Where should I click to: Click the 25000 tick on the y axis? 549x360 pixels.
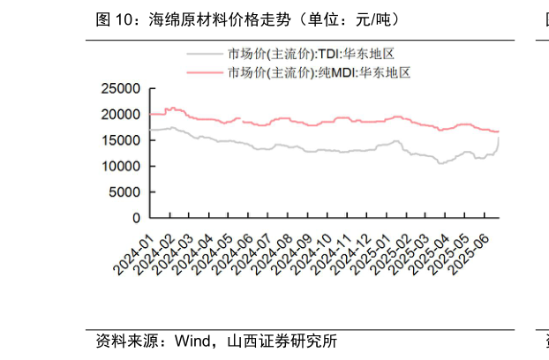click(121, 89)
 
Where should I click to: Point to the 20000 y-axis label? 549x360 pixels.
click(121, 115)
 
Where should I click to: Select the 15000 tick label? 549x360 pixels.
click(121, 140)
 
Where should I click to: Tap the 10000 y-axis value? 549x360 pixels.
click(121, 166)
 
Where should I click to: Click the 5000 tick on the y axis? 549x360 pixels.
click(124, 191)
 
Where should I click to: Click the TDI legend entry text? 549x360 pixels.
click(312, 54)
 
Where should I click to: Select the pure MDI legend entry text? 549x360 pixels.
click(319, 72)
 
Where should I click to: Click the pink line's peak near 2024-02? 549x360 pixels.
click(170, 108)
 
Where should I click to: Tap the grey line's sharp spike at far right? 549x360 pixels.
click(500, 138)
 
